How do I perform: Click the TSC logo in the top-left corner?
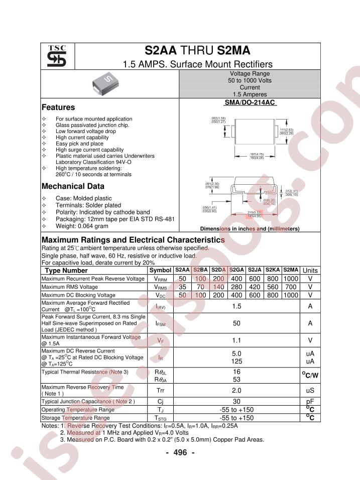click(57, 57)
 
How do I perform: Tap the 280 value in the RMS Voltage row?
click(237, 287)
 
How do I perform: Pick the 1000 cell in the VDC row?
click(290, 295)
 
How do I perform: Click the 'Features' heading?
click(58, 107)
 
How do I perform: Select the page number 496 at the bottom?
click(180, 452)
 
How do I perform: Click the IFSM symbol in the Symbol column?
click(160, 323)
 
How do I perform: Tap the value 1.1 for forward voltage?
click(236, 340)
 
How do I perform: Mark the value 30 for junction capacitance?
click(236, 402)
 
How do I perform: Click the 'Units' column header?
click(310, 271)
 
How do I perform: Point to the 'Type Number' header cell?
click(66, 271)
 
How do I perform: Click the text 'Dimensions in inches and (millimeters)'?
click(250, 229)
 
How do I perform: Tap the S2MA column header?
click(290, 270)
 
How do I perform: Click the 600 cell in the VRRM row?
click(255, 279)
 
